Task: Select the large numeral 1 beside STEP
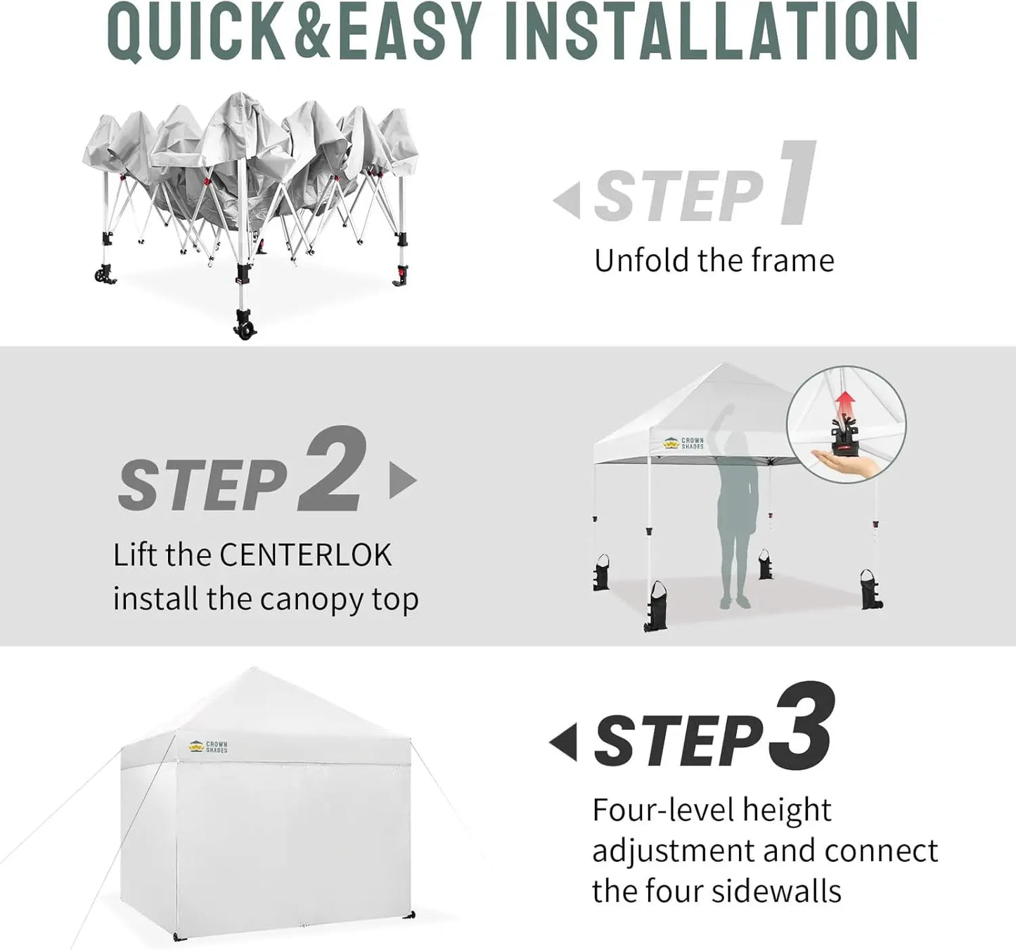[x=797, y=183]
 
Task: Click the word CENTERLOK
[x=305, y=555]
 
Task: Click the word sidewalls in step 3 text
[x=776, y=891]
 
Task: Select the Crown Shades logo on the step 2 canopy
[x=683, y=443]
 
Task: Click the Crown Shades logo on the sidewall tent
[x=208, y=747]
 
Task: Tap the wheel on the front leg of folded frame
[x=244, y=329]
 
